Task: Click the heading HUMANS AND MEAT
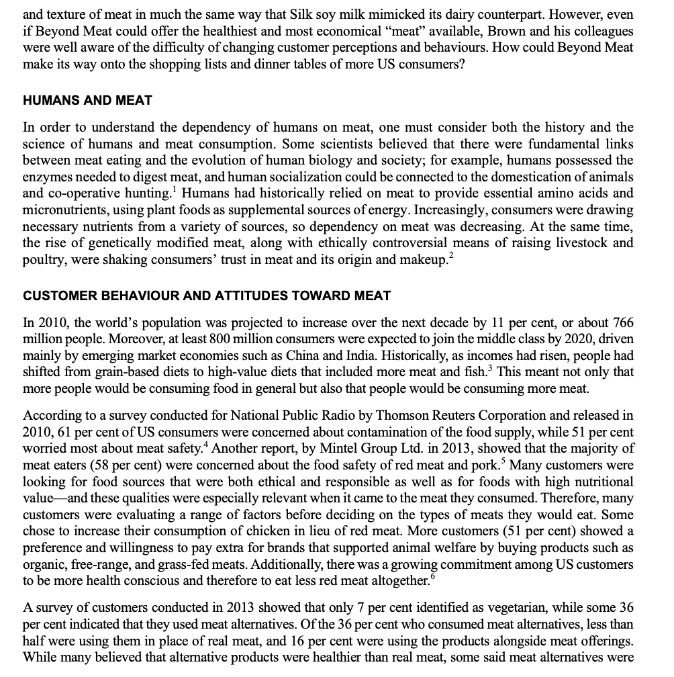(x=87, y=100)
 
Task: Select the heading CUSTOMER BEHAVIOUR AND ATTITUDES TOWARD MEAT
(x=207, y=296)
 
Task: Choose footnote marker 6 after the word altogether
(x=432, y=575)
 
